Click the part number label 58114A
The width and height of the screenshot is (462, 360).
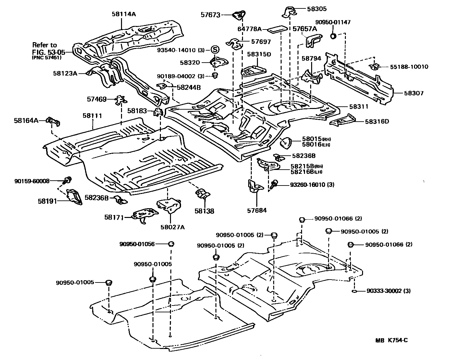click(124, 14)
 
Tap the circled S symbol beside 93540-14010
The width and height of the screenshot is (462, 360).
click(215, 50)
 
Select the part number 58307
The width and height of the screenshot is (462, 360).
click(414, 93)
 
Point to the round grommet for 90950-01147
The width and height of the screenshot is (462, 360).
click(333, 36)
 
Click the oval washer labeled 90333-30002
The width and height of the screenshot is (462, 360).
click(354, 291)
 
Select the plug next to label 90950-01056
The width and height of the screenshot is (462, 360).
click(171, 244)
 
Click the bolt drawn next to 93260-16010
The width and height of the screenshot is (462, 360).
click(274, 184)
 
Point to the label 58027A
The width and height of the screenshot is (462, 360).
click(172, 227)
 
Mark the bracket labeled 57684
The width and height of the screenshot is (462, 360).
click(255, 186)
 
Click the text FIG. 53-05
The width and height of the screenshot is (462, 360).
click(48, 52)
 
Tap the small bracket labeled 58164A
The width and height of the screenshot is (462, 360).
click(53, 121)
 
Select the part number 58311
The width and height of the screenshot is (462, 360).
click(359, 106)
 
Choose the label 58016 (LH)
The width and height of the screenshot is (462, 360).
click(316, 145)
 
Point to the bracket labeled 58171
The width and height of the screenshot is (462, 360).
click(145, 215)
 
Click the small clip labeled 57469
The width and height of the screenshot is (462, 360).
click(121, 100)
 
